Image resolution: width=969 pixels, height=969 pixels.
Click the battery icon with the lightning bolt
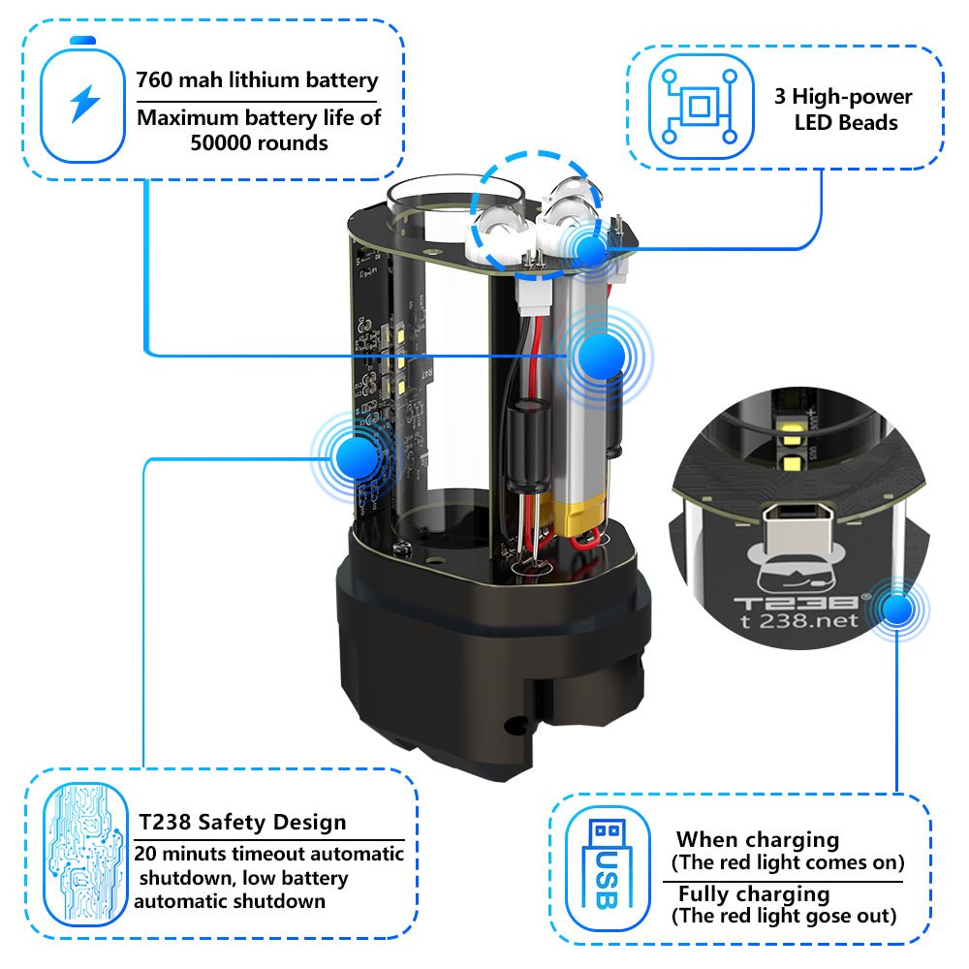tap(82, 100)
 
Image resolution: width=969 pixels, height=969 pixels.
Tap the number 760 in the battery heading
tap(154, 79)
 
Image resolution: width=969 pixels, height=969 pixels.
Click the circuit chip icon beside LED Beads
tap(701, 107)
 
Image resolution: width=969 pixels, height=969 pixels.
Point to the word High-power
tap(852, 96)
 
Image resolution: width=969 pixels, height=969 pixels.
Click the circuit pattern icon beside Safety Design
tap(85, 855)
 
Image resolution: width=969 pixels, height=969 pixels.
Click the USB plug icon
tap(607, 865)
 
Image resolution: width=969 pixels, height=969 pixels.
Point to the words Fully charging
tap(754, 894)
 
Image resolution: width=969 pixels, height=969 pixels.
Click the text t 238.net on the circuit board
tap(799, 620)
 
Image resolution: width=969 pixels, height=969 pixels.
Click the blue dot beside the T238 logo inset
tap(897, 610)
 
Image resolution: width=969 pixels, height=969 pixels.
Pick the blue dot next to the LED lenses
tap(591, 250)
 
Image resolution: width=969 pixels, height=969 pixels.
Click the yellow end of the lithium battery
tap(578, 517)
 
